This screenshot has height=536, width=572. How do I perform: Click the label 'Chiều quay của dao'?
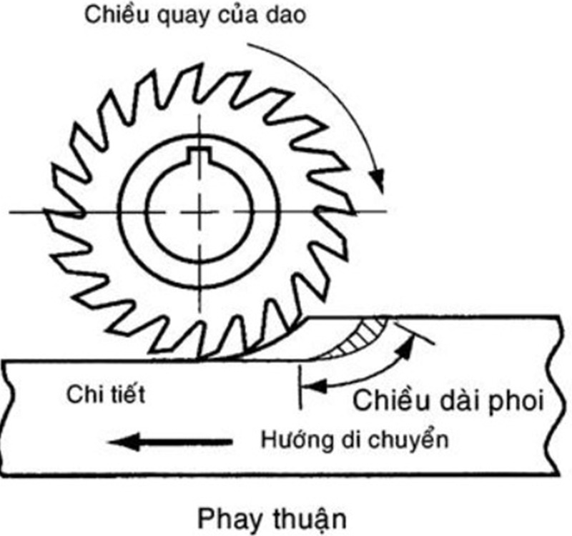point(195,16)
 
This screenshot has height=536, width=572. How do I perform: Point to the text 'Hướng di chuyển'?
point(355,438)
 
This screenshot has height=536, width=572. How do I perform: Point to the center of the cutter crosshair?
point(199,212)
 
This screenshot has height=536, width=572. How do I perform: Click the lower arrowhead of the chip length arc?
point(310,385)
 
